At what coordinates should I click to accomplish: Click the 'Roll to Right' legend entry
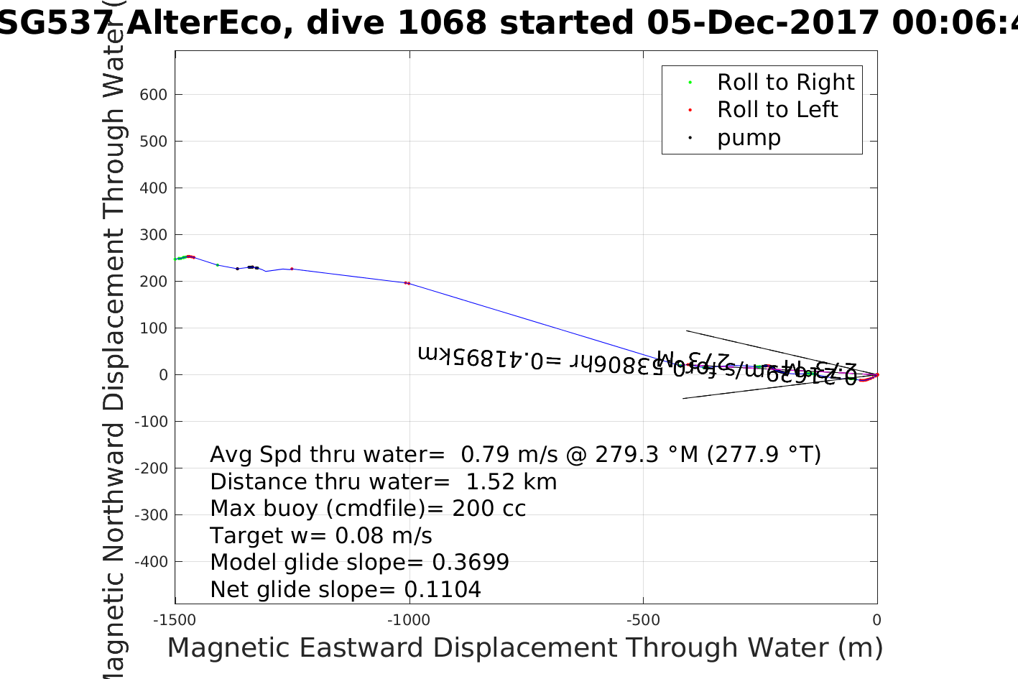click(x=785, y=83)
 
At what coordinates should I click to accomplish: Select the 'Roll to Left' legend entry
click(x=777, y=110)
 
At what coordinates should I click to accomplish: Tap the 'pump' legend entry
click(x=748, y=137)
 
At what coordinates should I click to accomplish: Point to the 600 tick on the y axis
click(x=153, y=95)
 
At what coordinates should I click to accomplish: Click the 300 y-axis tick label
click(x=153, y=235)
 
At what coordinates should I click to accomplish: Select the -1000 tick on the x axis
click(x=408, y=620)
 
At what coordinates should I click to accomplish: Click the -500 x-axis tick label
click(x=642, y=620)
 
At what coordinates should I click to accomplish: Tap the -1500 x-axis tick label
click(x=175, y=620)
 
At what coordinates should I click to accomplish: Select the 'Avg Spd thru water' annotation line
click(x=515, y=455)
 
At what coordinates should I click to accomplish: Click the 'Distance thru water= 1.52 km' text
click(x=383, y=482)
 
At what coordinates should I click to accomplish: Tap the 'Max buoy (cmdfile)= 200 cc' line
click(x=368, y=509)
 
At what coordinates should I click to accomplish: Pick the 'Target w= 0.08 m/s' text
click(x=321, y=536)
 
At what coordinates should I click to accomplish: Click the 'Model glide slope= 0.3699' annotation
click(x=359, y=563)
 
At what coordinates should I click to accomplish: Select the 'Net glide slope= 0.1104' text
click(x=346, y=590)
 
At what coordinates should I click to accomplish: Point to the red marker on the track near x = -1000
click(x=407, y=283)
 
